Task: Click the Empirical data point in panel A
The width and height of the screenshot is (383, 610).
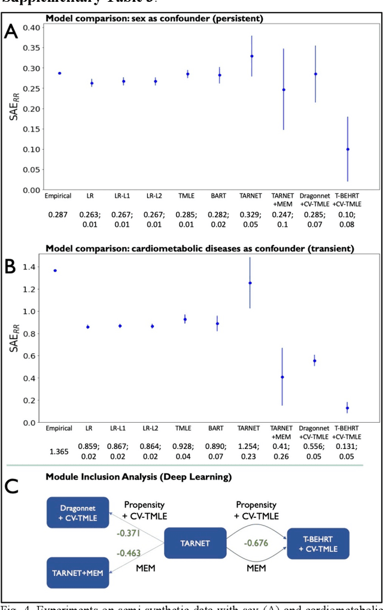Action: pyautogui.click(x=59, y=73)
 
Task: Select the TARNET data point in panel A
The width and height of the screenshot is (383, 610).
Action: pyautogui.click(x=251, y=56)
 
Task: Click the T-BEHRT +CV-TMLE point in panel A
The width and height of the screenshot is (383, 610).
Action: pyautogui.click(x=348, y=149)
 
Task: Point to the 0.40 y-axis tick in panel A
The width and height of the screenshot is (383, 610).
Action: pyautogui.click(x=31, y=28)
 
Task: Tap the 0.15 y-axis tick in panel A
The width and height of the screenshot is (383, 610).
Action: pyautogui.click(x=31, y=129)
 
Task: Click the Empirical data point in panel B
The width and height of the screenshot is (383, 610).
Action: pyautogui.click(x=59, y=271)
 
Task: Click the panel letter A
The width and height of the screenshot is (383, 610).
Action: pyautogui.click(x=11, y=32)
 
